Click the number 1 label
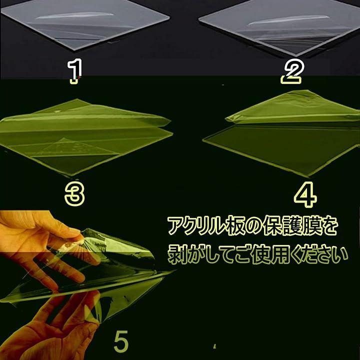pyautogui.click(x=75, y=70)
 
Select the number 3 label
pyautogui.click(x=74, y=194)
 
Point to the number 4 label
pyautogui.click(x=305, y=194)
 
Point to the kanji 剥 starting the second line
pyautogui.click(x=177, y=255)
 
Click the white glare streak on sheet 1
pyautogui.click(x=74, y=15)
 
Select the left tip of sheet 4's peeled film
pyautogui.click(x=226, y=119)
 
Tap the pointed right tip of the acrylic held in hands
pyautogui.click(x=175, y=271)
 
